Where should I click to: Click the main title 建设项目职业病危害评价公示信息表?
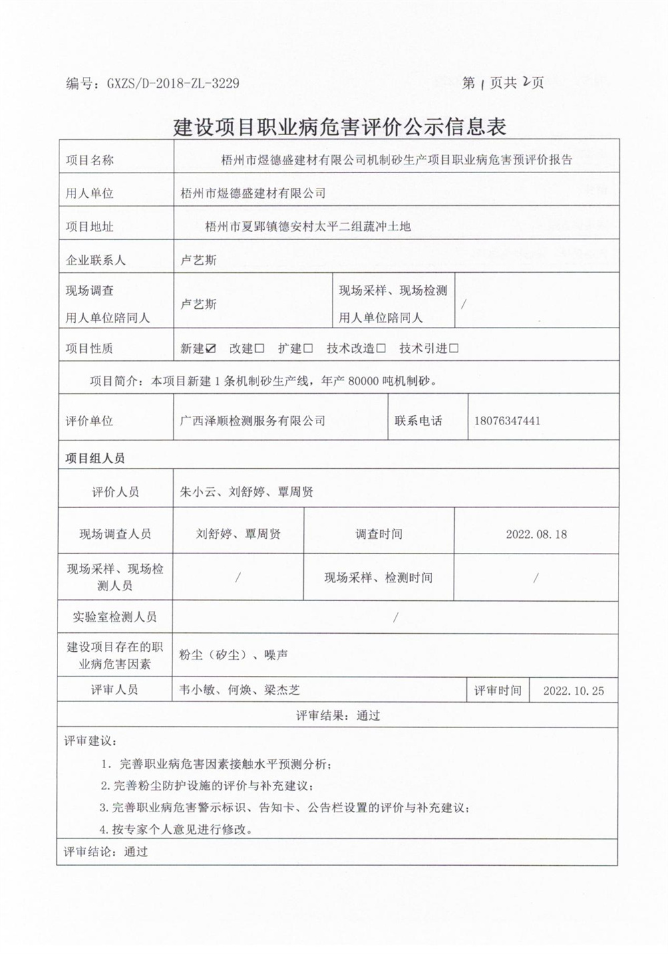[x=339, y=126]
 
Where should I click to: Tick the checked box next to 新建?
[x=211, y=348]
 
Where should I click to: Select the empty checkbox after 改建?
[x=260, y=348]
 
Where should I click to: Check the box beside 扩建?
[x=308, y=348]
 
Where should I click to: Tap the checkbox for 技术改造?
[x=381, y=348]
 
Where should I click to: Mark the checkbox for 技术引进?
[x=454, y=348]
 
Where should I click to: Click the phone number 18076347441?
[x=507, y=421]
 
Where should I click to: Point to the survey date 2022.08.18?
[x=536, y=534]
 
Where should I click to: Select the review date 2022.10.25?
[x=573, y=691]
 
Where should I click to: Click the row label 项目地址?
[x=90, y=227]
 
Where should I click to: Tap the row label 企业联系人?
[x=96, y=260]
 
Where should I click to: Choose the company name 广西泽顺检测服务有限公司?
[x=253, y=421]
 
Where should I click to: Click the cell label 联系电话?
[x=418, y=421]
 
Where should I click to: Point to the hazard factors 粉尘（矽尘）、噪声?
[x=233, y=655]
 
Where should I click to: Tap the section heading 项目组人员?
[x=95, y=459]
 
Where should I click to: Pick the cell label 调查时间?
[x=379, y=534]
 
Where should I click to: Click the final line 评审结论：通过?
[x=106, y=852]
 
